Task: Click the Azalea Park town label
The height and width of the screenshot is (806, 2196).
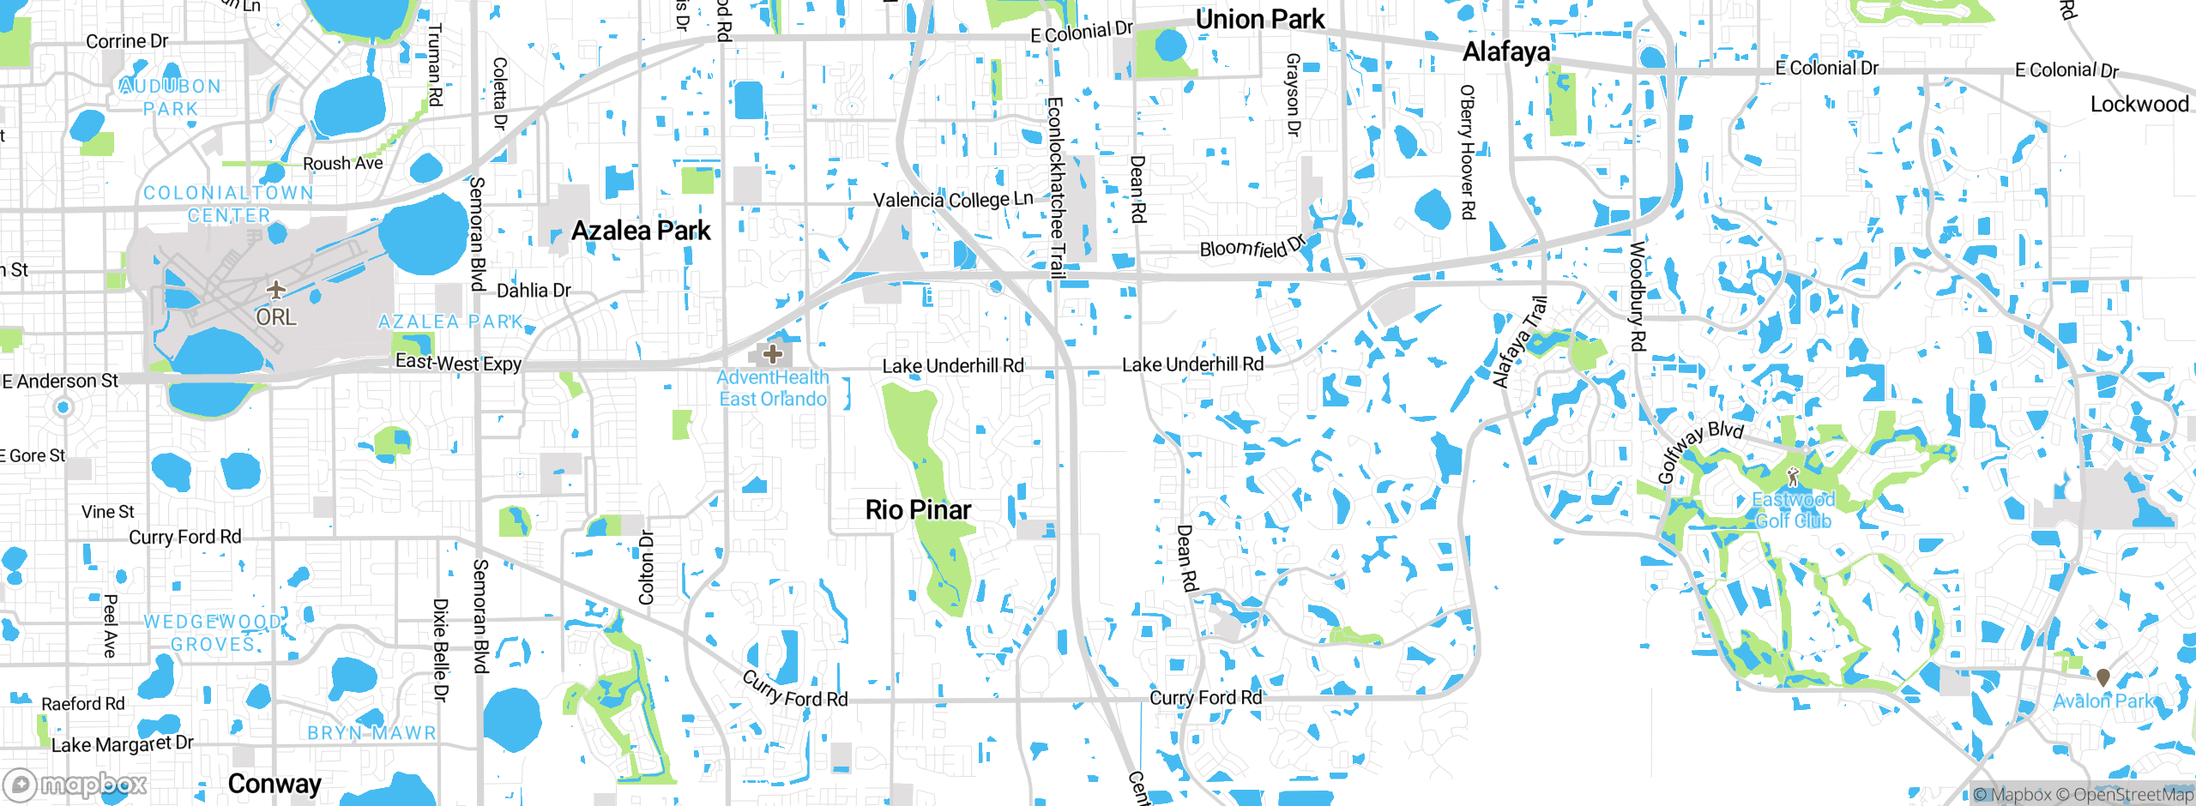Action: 641,231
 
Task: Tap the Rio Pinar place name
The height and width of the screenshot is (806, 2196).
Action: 918,510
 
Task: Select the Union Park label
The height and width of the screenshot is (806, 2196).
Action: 1259,20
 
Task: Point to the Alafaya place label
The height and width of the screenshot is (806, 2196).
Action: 1506,52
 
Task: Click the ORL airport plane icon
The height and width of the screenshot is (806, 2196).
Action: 275,290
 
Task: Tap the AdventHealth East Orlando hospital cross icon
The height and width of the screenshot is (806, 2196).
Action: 772,353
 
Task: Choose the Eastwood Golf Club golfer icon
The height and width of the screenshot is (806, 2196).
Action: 1792,477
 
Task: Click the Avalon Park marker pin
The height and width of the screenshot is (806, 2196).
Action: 2102,677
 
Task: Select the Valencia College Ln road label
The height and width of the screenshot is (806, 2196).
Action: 953,200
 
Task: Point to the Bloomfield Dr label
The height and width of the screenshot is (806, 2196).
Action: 1252,247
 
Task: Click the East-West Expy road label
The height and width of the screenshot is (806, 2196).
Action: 458,364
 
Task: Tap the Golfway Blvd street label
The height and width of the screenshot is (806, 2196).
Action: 1699,450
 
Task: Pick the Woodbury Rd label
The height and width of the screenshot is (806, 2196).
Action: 1638,296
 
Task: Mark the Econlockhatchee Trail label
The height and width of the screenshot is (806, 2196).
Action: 1056,188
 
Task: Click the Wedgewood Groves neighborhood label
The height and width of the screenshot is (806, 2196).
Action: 212,633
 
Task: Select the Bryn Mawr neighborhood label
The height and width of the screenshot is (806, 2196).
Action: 371,733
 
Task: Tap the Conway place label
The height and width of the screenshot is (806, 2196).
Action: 274,784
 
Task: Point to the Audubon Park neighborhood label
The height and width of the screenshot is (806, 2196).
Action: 171,98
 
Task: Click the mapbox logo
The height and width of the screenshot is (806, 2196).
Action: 75,785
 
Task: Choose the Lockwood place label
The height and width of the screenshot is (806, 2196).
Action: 2139,105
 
